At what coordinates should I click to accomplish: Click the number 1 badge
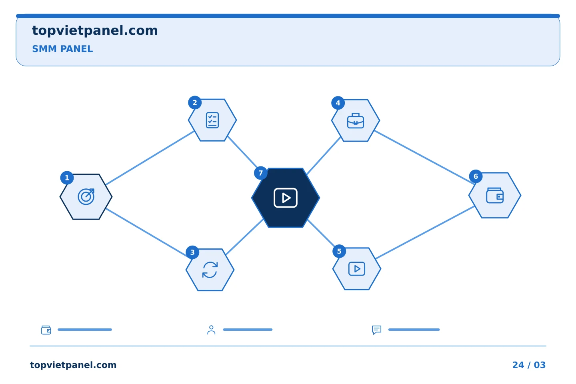click(x=67, y=178)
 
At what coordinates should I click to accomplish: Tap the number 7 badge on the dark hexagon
click(x=260, y=173)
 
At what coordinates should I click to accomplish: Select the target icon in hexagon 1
click(x=86, y=197)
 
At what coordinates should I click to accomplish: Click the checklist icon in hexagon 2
click(x=212, y=120)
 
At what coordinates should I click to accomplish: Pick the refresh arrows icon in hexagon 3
click(x=210, y=270)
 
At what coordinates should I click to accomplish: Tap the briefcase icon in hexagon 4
click(x=356, y=121)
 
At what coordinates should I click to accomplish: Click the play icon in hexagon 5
click(x=357, y=269)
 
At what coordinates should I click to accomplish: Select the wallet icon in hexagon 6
click(x=495, y=196)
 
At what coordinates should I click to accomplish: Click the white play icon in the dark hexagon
click(x=286, y=198)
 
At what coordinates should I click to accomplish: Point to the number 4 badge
click(x=338, y=103)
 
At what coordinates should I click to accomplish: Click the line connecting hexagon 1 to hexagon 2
click(x=150, y=158)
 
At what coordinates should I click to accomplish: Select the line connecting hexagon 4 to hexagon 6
click(x=424, y=157)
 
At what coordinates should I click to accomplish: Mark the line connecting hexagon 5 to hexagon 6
click(x=425, y=232)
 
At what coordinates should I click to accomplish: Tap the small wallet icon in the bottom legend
click(x=46, y=330)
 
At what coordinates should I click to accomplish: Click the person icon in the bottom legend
click(x=211, y=330)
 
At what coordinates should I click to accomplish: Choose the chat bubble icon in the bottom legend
click(x=377, y=330)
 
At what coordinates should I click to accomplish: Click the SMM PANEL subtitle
click(x=62, y=49)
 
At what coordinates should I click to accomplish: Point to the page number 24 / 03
click(x=529, y=365)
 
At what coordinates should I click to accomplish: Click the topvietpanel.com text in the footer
click(x=73, y=365)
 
